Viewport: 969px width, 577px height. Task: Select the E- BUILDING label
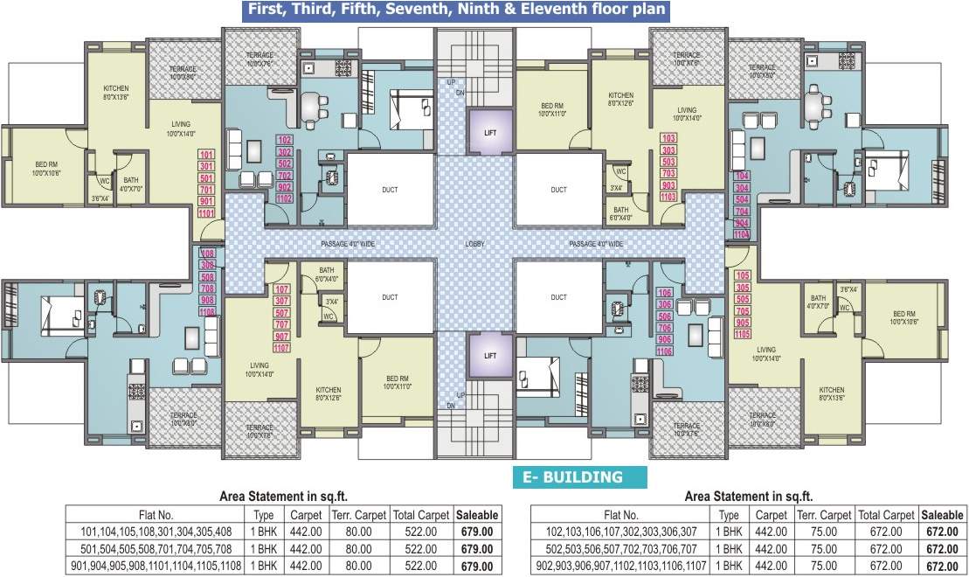point(580,477)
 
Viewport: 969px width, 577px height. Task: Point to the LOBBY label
point(474,244)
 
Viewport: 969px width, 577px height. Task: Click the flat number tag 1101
point(207,213)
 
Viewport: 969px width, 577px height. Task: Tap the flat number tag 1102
point(284,198)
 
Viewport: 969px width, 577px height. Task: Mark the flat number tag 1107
point(282,348)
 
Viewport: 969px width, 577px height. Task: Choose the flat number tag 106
point(663,293)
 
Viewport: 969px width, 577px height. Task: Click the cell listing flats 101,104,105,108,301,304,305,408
point(156,531)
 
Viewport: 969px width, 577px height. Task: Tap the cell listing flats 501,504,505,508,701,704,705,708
point(156,547)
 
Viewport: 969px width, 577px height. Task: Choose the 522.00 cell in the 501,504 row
point(415,547)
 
